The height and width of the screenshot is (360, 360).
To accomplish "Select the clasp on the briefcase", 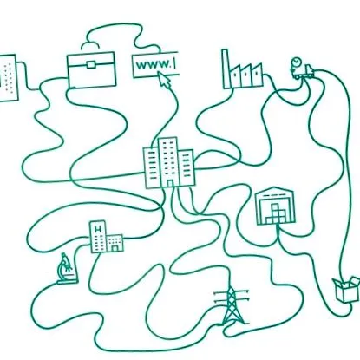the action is (x=91, y=65).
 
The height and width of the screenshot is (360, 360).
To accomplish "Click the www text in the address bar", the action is (x=152, y=64).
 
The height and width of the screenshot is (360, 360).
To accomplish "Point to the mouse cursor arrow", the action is (x=165, y=80).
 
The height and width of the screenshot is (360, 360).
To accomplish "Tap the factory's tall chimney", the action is (x=226, y=69).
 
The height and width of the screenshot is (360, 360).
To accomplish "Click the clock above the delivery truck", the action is (x=296, y=62).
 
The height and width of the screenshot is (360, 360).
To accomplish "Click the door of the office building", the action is (x=170, y=183).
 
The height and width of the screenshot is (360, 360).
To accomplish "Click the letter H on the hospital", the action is (x=98, y=228).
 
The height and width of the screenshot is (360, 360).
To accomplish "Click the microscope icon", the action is (x=67, y=268).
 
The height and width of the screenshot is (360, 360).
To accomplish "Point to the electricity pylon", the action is (x=232, y=305).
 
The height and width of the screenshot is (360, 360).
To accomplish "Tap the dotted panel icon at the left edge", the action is (x=8, y=78).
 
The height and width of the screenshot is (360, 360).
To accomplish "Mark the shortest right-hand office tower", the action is (x=187, y=167).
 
